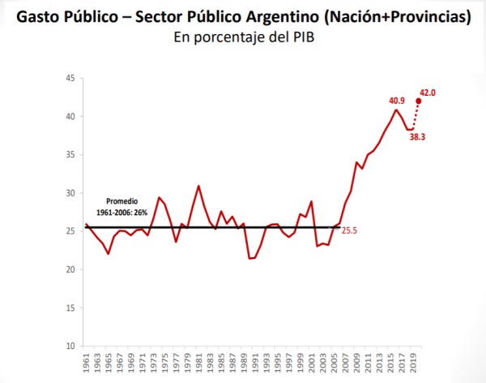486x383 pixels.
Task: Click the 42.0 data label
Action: (428, 93)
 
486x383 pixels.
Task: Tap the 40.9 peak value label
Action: (397, 101)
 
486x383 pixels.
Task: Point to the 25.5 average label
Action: (349, 230)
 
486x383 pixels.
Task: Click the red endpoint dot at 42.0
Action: (418, 101)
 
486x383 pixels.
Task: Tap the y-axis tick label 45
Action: (70, 78)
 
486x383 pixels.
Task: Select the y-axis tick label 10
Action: (70, 346)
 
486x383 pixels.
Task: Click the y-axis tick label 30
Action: (70, 193)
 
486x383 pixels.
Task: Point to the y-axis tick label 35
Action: (70, 155)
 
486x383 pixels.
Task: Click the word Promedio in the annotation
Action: (123, 200)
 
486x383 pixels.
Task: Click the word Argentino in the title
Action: (283, 16)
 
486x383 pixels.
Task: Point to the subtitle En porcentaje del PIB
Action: (242, 37)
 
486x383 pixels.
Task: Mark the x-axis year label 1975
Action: (165, 363)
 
